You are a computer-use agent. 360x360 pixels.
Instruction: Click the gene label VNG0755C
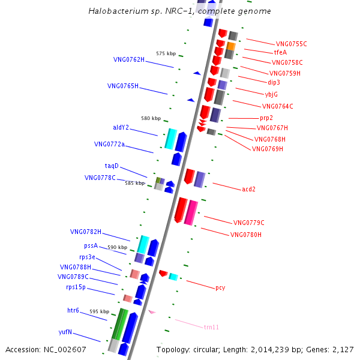pos(292,44)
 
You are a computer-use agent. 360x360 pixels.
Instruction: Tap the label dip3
pos(274,82)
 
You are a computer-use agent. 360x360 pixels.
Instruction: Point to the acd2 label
pos(248,190)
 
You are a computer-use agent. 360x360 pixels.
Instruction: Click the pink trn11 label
pos(211,327)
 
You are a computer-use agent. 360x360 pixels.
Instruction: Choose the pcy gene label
pos(220,288)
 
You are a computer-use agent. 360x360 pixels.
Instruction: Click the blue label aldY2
pos(121,127)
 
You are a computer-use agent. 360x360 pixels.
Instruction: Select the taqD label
pos(112,166)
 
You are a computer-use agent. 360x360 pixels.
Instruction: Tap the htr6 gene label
pos(73,310)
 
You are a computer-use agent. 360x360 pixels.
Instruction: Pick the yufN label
pos(65,332)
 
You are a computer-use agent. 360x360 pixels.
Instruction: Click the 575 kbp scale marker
pos(166,54)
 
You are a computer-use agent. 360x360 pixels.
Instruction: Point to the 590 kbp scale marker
pos(118,247)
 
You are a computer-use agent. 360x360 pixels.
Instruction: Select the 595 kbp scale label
pos(100,312)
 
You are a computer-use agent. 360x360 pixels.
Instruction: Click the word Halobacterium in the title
pos(118,11)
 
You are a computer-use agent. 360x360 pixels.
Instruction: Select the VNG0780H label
pos(246,235)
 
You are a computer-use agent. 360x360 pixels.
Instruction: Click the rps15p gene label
pos(76,287)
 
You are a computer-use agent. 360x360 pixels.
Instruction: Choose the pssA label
pos(91,245)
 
